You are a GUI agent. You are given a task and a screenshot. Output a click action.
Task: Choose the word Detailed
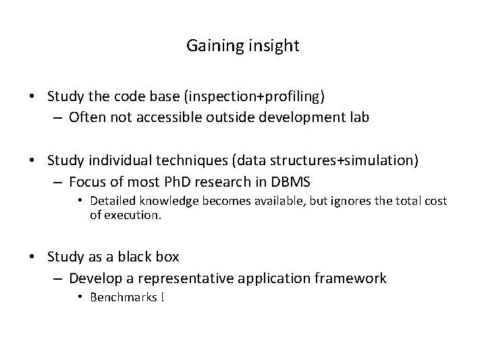[x=111, y=202]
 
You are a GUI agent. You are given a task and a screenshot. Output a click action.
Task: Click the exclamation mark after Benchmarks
[x=162, y=297]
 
